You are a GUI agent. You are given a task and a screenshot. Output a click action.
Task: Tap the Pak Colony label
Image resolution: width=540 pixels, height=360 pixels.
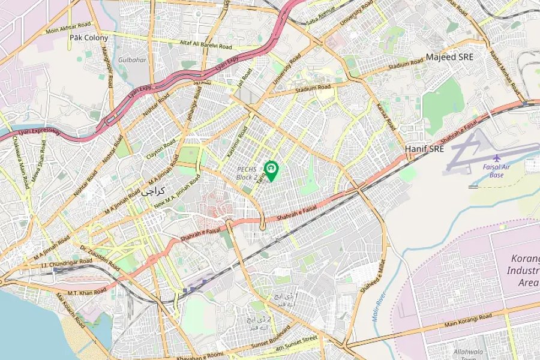89,38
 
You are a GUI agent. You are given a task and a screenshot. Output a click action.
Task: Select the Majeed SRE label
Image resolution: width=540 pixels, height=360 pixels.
449,57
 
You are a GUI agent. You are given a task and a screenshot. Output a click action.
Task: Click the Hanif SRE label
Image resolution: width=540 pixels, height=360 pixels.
424,149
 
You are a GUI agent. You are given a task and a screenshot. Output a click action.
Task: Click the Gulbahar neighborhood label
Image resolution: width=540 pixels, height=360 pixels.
131,60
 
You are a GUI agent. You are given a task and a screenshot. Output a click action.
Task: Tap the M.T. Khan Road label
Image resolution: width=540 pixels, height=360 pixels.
88,292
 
